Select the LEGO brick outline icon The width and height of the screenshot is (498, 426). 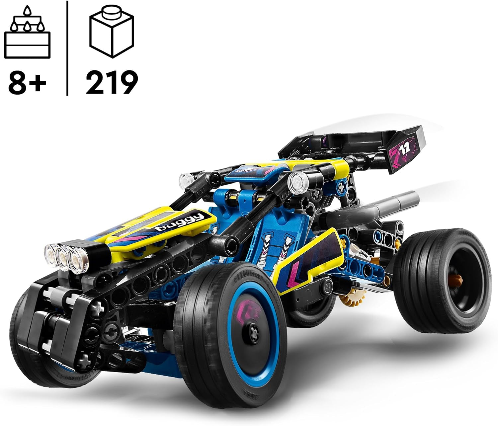(x=112, y=32)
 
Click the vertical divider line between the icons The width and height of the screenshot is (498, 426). (x=67, y=48)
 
